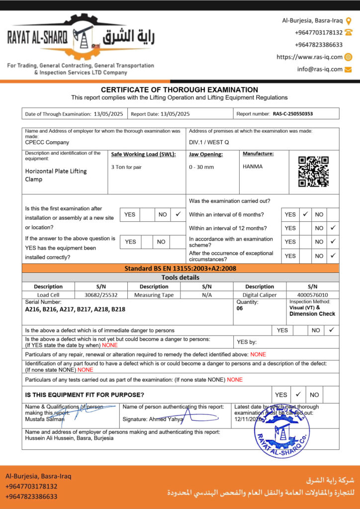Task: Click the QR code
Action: point(313,171)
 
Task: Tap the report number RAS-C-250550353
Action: point(293,114)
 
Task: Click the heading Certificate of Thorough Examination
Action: point(180,90)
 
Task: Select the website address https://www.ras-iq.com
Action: point(309,57)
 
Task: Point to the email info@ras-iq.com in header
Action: point(320,70)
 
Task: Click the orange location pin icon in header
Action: point(349,21)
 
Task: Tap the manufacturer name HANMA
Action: point(253,167)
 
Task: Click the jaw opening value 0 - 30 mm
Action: point(201,167)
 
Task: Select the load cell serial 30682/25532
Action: point(101,295)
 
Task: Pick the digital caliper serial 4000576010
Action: point(312,295)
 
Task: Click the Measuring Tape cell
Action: point(154,295)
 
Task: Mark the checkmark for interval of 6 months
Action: point(306,214)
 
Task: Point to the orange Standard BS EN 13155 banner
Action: point(180,268)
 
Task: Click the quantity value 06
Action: point(240,308)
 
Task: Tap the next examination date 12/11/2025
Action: point(248,420)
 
